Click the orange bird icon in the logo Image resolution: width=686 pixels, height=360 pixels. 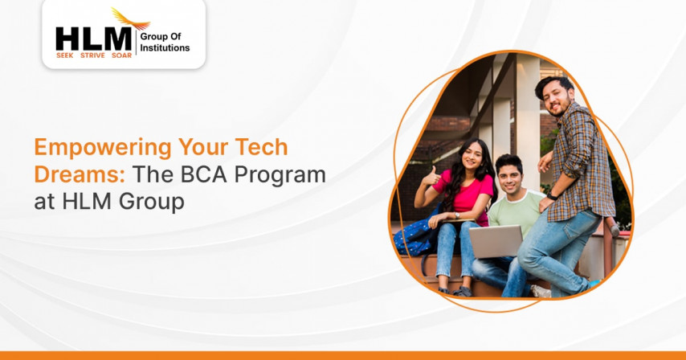(130, 19)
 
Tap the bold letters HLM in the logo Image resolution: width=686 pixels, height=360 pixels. (94, 39)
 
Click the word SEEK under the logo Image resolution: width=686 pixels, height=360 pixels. (65, 55)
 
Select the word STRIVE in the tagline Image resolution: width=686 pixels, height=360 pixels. (92, 55)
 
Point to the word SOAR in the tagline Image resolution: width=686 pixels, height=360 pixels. (121, 55)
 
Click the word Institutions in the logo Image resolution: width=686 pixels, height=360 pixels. (165, 48)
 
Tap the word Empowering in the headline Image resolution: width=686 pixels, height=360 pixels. (103, 148)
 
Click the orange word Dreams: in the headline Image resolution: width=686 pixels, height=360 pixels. (80, 174)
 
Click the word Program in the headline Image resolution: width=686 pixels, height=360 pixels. (280, 176)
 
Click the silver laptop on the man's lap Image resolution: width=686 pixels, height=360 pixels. (496, 241)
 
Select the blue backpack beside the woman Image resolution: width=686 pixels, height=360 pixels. (415, 236)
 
